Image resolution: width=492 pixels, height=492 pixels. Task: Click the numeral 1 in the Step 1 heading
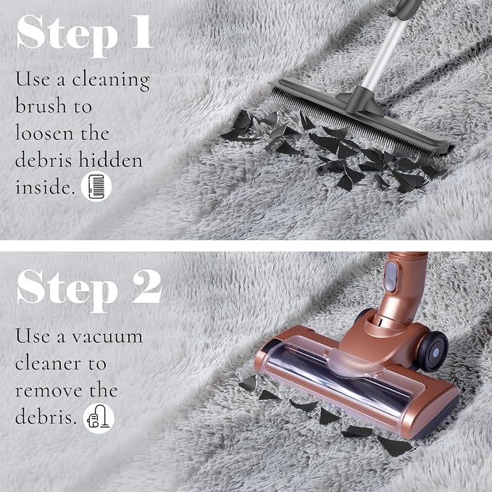[142, 32]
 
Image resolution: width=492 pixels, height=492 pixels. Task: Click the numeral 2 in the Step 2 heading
[146, 287]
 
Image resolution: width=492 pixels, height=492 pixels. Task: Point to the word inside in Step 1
[45, 187]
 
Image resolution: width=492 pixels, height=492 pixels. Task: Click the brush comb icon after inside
[96, 187]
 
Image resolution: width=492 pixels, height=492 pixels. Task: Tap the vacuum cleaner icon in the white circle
[99, 418]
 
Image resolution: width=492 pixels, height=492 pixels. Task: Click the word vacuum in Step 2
[107, 338]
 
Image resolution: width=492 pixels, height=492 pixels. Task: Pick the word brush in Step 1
[41, 105]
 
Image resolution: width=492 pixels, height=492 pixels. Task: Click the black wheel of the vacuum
[433, 351]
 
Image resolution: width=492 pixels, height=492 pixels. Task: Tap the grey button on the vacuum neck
[391, 277]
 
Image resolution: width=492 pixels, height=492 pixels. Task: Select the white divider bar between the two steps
[246, 246]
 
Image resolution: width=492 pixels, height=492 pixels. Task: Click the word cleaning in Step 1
[111, 80]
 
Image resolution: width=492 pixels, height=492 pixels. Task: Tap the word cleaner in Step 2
[48, 364]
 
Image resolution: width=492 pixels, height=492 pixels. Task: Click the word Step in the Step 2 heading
[67, 291]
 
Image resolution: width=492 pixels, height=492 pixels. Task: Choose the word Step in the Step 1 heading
[67, 36]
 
